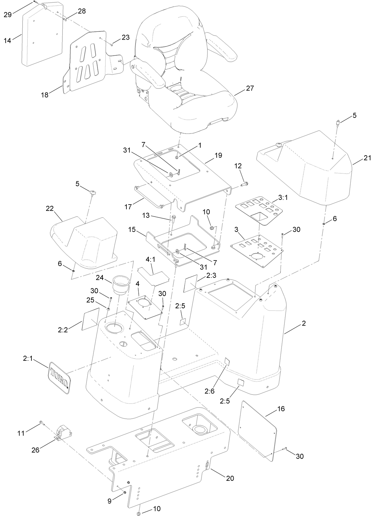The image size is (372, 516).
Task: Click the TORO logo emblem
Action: pyautogui.click(x=59, y=377)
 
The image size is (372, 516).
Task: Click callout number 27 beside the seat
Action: pyautogui.click(x=250, y=88)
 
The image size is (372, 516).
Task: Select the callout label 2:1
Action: pyautogui.click(x=28, y=359)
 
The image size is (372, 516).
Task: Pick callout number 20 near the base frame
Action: pyautogui.click(x=230, y=478)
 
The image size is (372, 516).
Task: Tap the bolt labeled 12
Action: pyautogui.click(x=245, y=183)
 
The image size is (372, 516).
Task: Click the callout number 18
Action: pyautogui.click(x=45, y=95)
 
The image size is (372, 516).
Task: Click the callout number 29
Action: pyautogui.click(x=8, y=14)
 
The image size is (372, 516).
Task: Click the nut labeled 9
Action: pyautogui.click(x=124, y=492)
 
